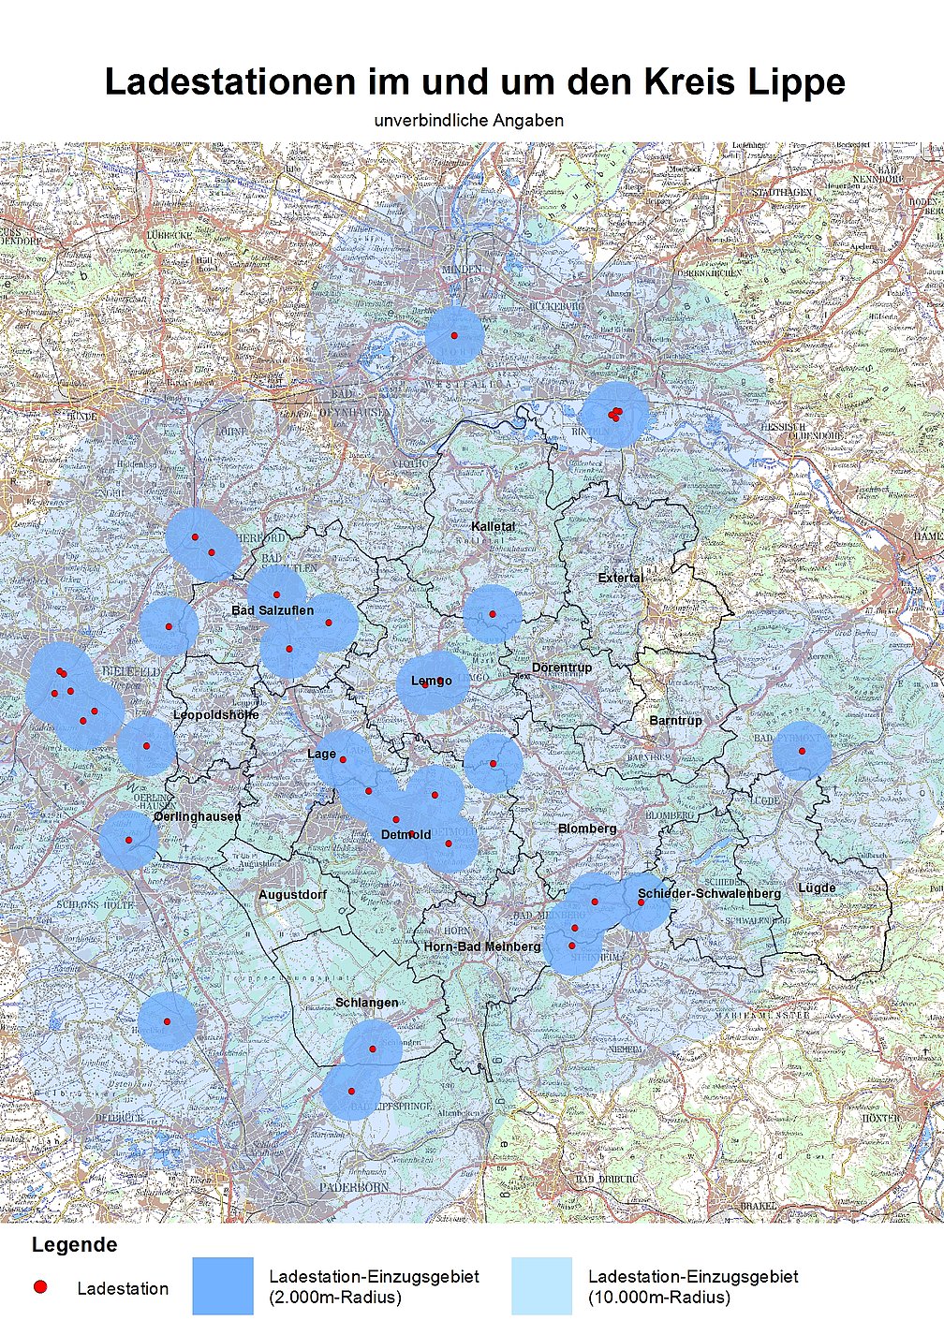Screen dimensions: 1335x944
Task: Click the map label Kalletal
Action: (x=493, y=526)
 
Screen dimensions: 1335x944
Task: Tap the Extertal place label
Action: (x=621, y=578)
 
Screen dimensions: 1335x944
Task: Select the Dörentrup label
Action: (x=562, y=667)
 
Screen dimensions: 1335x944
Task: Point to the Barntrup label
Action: (x=675, y=721)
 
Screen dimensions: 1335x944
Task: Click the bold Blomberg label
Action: (x=587, y=829)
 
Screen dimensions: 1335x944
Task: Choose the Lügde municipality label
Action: (x=817, y=888)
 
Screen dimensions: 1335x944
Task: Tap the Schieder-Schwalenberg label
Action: (x=709, y=893)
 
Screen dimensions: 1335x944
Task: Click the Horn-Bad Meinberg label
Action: (x=481, y=946)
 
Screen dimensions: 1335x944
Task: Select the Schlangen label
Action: (x=366, y=1003)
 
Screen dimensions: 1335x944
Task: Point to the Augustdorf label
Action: (x=293, y=895)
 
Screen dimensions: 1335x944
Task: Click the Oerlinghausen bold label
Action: (x=198, y=816)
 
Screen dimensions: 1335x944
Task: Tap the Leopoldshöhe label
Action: (x=216, y=714)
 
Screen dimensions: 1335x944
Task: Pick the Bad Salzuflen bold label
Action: (x=273, y=610)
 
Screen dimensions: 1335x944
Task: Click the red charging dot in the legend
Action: (x=39, y=1287)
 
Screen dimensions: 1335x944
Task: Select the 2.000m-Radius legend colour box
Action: (x=223, y=1286)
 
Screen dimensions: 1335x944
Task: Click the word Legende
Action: (x=74, y=1245)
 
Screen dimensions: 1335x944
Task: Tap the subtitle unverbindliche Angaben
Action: (x=468, y=121)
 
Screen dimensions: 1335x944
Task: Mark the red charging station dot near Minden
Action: (x=454, y=335)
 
